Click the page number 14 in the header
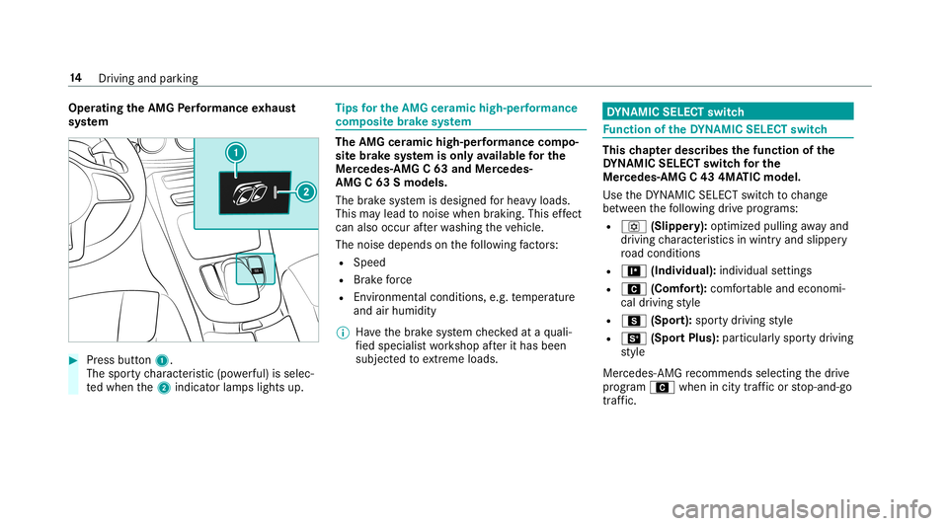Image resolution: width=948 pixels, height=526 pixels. [75, 78]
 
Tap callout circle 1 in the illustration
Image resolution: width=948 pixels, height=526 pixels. [236, 152]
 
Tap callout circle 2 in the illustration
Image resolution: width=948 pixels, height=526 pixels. [306, 192]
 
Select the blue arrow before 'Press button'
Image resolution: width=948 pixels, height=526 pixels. [73, 360]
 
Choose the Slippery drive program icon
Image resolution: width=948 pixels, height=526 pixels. [634, 226]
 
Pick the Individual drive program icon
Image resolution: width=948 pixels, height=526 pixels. [634, 270]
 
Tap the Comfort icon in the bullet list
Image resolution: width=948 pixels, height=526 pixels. [634, 289]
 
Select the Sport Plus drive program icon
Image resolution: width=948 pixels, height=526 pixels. [634, 338]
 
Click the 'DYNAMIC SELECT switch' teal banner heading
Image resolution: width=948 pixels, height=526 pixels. [728, 112]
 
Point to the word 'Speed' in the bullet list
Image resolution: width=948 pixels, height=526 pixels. [369, 263]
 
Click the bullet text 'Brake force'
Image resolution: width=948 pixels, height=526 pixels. [383, 280]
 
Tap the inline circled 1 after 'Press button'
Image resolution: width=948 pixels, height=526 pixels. [161, 360]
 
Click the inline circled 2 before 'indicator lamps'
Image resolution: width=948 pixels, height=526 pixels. [163, 388]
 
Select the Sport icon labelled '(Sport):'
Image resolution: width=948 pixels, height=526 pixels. [634, 321]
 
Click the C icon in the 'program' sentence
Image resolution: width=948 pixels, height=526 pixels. [662, 387]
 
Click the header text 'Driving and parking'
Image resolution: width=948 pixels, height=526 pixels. [148, 79]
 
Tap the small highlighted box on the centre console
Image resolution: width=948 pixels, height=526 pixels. [255, 268]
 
